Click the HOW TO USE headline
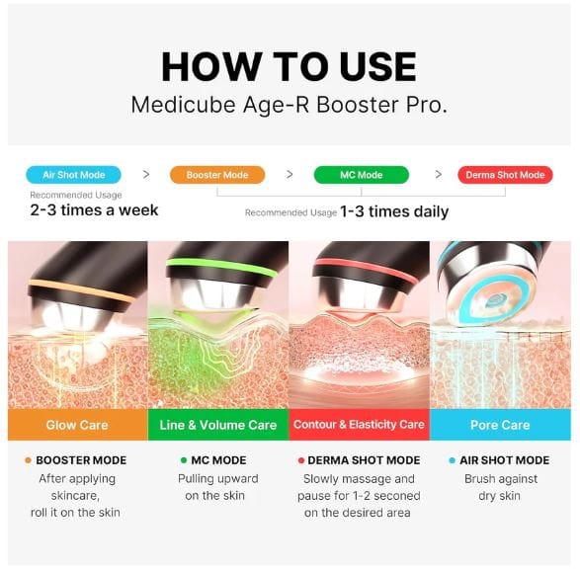point(290,66)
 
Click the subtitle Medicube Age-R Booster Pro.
point(290,105)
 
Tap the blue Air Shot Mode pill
point(74,175)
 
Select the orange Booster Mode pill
point(216,175)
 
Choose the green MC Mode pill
point(362,175)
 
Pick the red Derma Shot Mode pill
point(504,175)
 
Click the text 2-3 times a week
point(94,210)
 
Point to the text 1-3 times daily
point(394,211)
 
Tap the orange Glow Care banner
point(77,425)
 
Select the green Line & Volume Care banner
point(218,425)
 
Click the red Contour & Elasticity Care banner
point(359,425)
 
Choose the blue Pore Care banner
point(500,425)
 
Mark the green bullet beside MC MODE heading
point(184,460)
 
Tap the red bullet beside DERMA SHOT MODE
point(301,460)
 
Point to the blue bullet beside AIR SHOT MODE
point(453,460)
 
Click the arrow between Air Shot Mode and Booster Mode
point(146,175)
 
